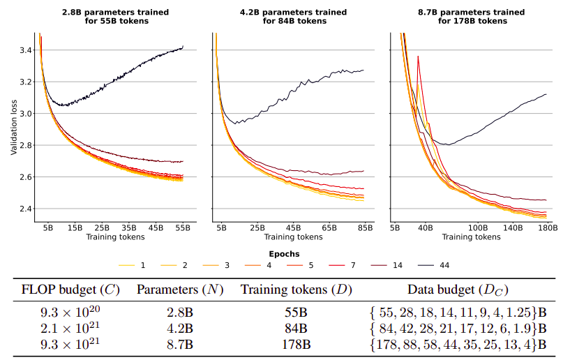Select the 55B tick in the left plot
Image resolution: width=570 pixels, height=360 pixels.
[183, 227]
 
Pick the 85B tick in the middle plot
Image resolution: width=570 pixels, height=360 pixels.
[363, 227]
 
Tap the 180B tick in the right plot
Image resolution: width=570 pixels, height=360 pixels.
[546, 227]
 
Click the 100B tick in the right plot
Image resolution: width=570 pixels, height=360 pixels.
[477, 227]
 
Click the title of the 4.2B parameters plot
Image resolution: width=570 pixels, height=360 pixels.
[289, 16]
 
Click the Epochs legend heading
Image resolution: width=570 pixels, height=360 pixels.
[284, 253]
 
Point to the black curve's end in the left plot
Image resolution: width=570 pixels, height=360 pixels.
[183, 47]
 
